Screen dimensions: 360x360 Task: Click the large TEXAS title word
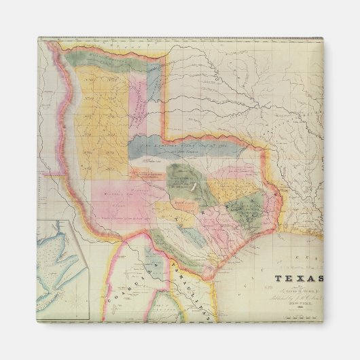(x=299, y=277)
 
